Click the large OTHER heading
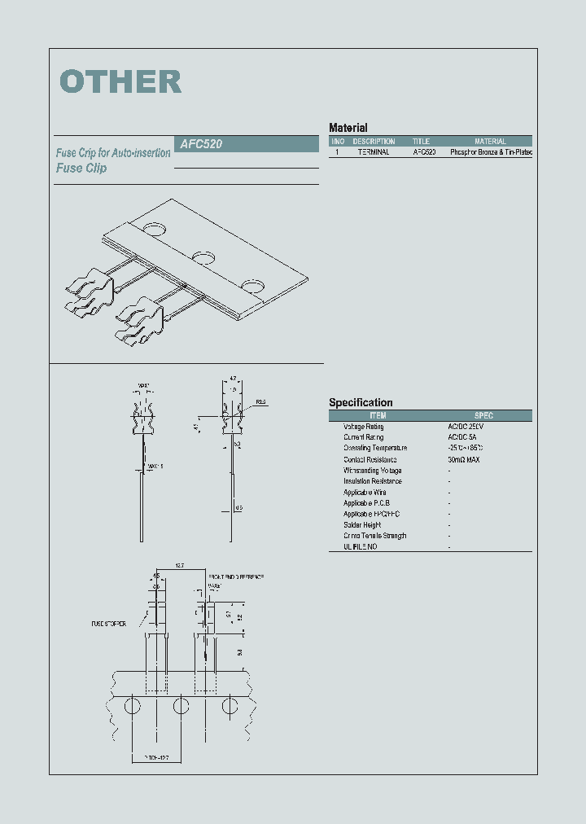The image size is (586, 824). click(120, 81)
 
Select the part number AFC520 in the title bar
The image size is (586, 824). click(201, 143)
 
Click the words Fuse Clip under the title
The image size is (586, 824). click(81, 169)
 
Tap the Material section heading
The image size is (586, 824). click(348, 128)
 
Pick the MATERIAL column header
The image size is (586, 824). click(490, 142)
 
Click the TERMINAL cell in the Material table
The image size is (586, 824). click(374, 152)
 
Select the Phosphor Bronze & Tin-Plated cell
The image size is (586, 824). click(491, 152)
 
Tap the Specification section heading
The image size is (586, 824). click(361, 402)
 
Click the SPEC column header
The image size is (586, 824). click(483, 415)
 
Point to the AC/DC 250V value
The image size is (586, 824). click(466, 427)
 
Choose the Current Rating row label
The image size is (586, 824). click(363, 437)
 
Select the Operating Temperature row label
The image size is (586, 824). click(375, 448)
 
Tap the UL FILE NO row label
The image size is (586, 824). click(360, 546)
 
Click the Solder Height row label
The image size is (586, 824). click(362, 525)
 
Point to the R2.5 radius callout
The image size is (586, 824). click(260, 402)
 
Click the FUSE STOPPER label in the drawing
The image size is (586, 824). click(109, 625)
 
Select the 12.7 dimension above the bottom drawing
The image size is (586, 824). click(180, 565)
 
